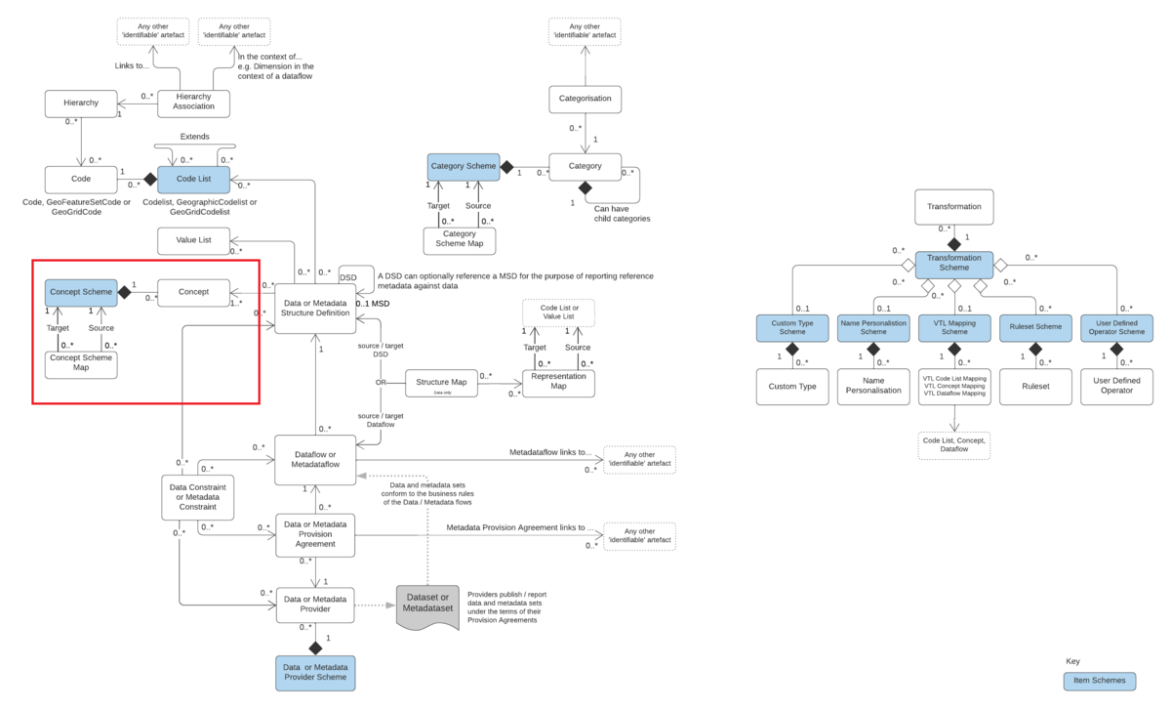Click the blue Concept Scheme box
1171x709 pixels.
click(x=81, y=291)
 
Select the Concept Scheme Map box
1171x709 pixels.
click(x=81, y=362)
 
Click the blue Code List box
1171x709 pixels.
click(x=193, y=179)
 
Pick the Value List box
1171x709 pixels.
click(x=193, y=239)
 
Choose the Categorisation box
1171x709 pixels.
click(x=585, y=99)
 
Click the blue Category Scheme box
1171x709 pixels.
click(x=463, y=167)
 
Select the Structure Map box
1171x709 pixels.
click(x=441, y=382)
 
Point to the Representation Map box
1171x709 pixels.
click(x=558, y=383)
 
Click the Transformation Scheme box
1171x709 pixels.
click(x=953, y=264)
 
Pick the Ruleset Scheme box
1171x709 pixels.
click(x=1034, y=328)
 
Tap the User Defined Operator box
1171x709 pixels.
click(x=1116, y=384)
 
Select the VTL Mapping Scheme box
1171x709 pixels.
click(x=953, y=328)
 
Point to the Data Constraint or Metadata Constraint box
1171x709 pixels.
click(x=198, y=497)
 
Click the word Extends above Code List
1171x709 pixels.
click(x=194, y=137)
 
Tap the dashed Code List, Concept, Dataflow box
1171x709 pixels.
click(x=953, y=445)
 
